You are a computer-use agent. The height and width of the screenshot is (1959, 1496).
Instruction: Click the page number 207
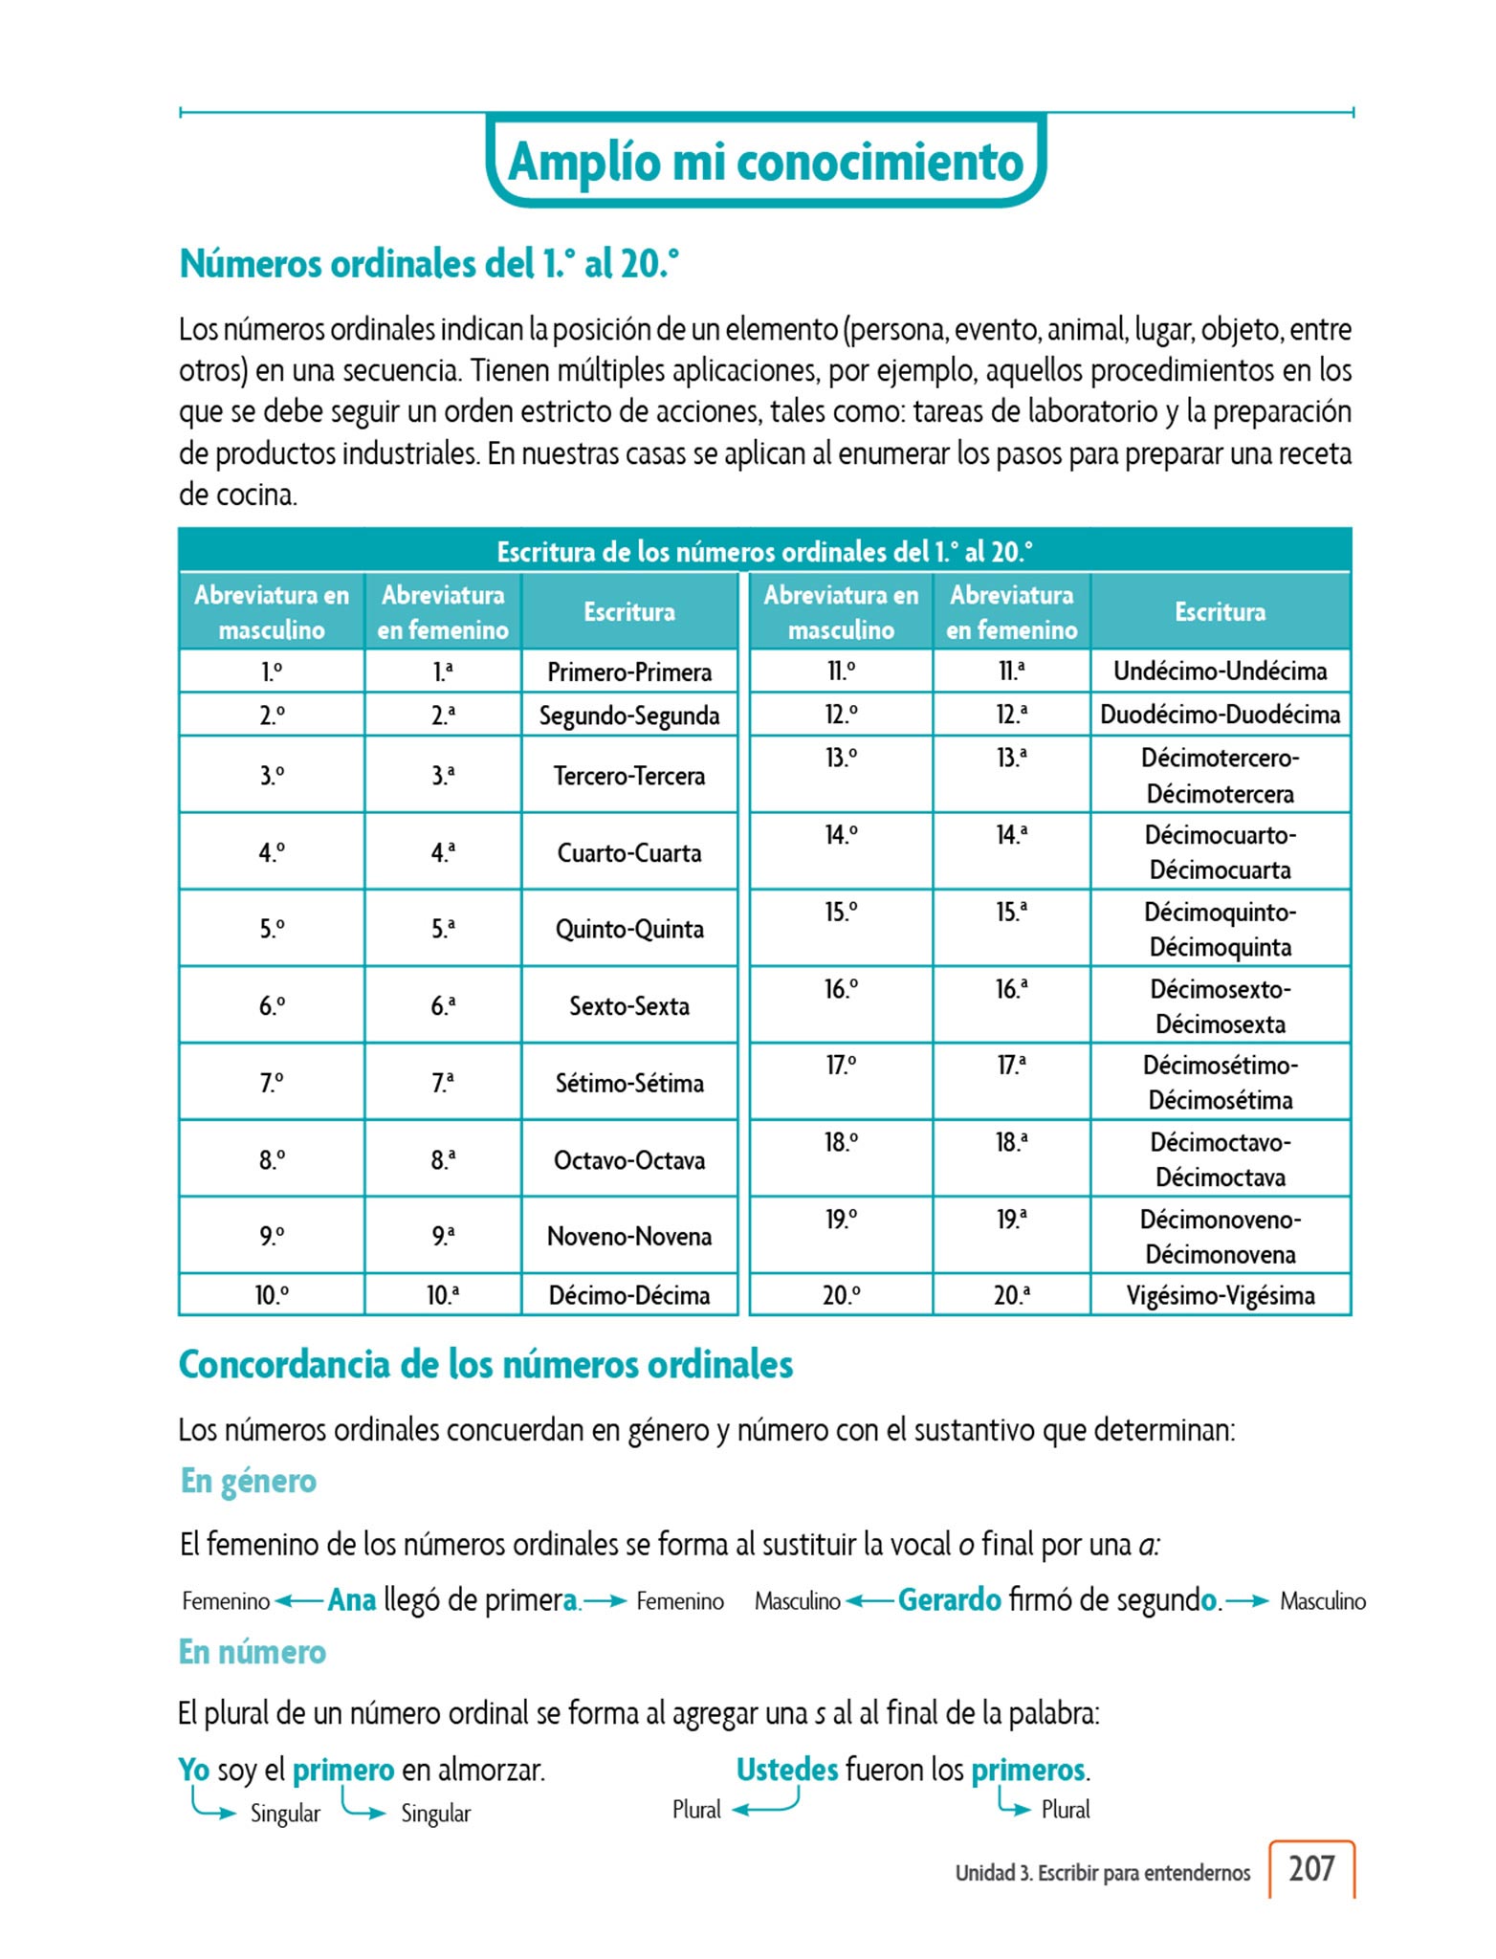(x=1310, y=1868)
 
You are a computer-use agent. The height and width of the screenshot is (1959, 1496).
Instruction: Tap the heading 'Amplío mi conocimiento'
(x=766, y=161)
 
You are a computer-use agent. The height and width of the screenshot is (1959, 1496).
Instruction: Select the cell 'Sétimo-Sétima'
(x=629, y=1083)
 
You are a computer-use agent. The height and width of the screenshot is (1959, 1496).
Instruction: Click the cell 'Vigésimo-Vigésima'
(x=1220, y=1295)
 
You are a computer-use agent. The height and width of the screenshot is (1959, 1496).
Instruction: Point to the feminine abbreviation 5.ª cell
(x=443, y=929)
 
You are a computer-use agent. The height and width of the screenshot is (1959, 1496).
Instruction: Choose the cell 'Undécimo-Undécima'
(x=1220, y=671)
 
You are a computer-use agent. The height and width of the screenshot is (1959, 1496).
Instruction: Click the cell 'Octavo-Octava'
(x=629, y=1160)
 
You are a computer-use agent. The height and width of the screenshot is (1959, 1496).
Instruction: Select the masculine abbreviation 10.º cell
(x=272, y=1295)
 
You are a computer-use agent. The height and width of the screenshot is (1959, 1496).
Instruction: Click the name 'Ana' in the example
(x=351, y=1599)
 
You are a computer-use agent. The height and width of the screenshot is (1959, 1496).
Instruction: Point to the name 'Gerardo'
(x=949, y=1599)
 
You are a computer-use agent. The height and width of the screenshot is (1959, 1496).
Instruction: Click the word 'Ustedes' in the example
(x=786, y=1770)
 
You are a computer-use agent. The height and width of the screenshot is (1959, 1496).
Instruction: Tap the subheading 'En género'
(x=249, y=1481)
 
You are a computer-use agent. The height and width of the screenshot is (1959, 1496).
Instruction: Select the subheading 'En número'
(x=253, y=1652)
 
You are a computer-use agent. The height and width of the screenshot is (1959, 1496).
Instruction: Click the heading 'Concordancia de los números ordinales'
(x=486, y=1365)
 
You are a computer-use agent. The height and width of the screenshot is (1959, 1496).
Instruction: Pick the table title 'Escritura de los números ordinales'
(x=764, y=551)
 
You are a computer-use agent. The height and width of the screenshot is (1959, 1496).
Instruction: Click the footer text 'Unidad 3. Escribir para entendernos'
(x=1102, y=1873)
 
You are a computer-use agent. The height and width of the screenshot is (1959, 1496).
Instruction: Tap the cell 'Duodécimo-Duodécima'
(x=1220, y=715)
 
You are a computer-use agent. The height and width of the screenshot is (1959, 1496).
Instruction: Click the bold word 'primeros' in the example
(x=1027, y=1770)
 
